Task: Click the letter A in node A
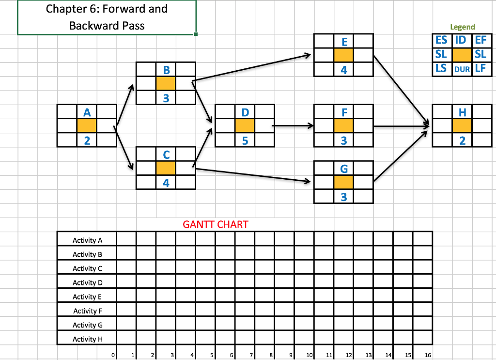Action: tap(86, 112)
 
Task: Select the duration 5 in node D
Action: tap(245, 141)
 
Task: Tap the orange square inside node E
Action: tap(343, 55)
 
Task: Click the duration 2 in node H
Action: tap(462, 141)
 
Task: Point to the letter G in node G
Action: tap(343, 169)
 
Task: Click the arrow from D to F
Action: tap(293, 126)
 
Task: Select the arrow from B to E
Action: tap(252, 68)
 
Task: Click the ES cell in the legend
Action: tap(441, 40)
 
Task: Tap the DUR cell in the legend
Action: tap(462, 69)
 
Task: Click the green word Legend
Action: tap(462, 27)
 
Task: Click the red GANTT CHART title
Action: tap(215, 224)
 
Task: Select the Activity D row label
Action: tap(87, 282)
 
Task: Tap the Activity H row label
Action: tap(87, 339)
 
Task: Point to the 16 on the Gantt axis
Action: tap(428, 355)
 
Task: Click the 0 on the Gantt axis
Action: tap(113, 355)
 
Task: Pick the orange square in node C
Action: tap(166, 169)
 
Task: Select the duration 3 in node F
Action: tap(343, 141)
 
